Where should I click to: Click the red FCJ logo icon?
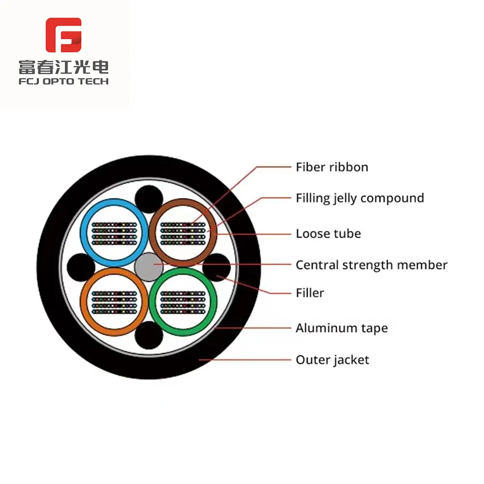click(63, 35)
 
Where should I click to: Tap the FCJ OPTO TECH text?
click(63, 81)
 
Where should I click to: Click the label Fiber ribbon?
click(332, 167)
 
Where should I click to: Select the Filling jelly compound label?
click(360, 198)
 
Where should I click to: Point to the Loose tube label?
click(328, 234)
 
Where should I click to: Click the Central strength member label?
click(371, 265)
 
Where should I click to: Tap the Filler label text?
click(310, 293)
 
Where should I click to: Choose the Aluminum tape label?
click(342, 328)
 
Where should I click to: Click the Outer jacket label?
click(332, 360)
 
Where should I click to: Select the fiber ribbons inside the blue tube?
click(114, 234)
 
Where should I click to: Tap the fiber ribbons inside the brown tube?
click(183, 234)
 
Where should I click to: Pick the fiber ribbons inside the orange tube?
click(114, 302)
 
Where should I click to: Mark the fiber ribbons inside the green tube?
click(183, 302)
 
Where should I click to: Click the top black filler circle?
click(149, 199)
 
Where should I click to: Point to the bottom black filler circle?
click(149, 335)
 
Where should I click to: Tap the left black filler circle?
click(81, 267)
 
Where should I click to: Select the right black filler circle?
click(217, 267)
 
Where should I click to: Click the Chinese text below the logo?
click(63, 67)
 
